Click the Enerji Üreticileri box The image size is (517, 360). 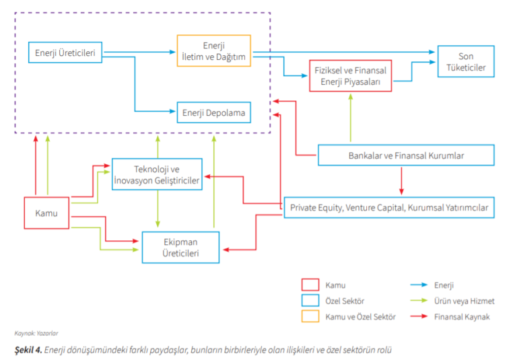65,52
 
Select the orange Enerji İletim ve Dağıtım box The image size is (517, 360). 213,50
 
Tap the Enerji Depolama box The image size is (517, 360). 214,112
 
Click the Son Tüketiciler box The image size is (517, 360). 466,62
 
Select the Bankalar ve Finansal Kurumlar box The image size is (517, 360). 405,155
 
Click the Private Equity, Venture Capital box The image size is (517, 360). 389,208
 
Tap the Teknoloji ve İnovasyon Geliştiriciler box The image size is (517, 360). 158,174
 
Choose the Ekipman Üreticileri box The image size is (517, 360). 180,247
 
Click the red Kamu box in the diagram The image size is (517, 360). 46,213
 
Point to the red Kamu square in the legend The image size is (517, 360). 310,285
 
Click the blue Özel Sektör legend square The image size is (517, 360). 310,301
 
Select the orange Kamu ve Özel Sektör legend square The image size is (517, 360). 310,316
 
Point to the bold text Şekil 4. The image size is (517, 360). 29,349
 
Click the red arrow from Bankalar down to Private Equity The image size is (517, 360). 401,180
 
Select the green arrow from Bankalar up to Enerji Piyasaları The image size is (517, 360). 350,118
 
